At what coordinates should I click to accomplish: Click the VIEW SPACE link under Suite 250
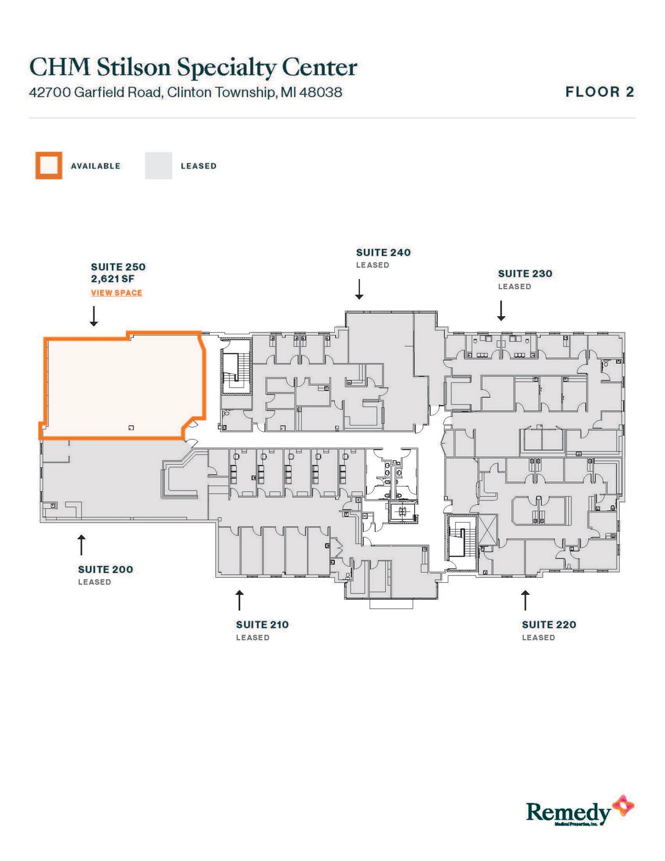pyautogui.click(x=116, y=293)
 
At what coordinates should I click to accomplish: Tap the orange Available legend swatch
pyautogui.click(x=49, y=166)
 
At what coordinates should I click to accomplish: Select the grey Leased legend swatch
pyautogui.click(x=158, y=166)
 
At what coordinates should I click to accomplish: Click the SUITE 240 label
pyautogui.click(x=383, y=253)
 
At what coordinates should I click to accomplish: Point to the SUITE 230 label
pyautogui.click(x=525, y=274)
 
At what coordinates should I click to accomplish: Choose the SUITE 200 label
pyautogui.click(x=105, y=570)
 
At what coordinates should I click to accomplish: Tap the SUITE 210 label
pyautogui.click(x=262, y=625)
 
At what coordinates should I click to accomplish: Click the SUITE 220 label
pyautogui.click(x=549, y=625)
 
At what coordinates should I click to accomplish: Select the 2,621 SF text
pyautogui.click(x=113, y=279)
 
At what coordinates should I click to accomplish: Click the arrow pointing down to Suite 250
pyautogui.click(x=94, y=316)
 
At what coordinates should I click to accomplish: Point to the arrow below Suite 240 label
pyautogui.click(x=359, y=289)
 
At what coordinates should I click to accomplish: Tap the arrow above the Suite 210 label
pyautogui.click(x=239, y=600)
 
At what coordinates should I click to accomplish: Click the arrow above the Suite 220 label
pyautogui.click(x=525, y=600)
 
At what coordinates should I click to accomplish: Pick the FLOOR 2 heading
pyautogui.click(x=599, y=92)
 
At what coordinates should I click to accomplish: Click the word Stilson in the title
pyautogui.click(x=134, y=67)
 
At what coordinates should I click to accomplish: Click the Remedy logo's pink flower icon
pyautogui.click(x=623, y=806)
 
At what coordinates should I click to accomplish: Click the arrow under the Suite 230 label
pyautogui.click(x=501, y=311)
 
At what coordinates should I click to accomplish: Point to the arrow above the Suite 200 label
pyautogui.click(x=81, y=545)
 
